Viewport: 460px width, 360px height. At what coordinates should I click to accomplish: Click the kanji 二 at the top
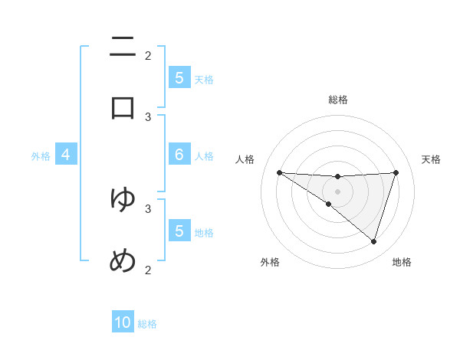(x=123, y=47)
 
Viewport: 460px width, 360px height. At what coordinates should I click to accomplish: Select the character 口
(x=123, y=107)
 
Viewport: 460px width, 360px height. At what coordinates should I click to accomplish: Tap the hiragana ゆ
(x=123, y=199)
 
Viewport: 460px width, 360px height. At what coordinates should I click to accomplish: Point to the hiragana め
(x=123, y=261)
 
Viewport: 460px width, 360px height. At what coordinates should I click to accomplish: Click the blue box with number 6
(x=179, y=155)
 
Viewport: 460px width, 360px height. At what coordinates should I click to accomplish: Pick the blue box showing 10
(x=123, y=322)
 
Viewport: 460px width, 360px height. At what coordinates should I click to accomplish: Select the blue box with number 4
(x=66, y=155)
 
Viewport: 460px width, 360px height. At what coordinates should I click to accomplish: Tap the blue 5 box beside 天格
(x=179, y=77)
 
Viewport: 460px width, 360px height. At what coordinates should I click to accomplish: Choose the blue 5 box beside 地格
(x=179, y=231)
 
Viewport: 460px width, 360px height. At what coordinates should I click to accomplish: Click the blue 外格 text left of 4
(x=41, y=155)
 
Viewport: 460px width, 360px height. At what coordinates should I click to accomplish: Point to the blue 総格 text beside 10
(x=147, y=324)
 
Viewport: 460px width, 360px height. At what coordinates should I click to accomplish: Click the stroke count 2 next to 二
(x=148, y=55)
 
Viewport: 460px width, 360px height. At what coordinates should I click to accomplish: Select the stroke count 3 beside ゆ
(x=148, y=208)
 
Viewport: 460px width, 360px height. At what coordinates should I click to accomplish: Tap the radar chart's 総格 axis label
(x=338, y=100)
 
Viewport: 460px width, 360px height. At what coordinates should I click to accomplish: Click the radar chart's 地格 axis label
(x=402, y=262)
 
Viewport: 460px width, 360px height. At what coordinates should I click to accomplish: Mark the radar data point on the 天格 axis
(x=396, y=172)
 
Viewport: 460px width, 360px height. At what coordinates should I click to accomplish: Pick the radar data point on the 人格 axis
(x=279, y=172)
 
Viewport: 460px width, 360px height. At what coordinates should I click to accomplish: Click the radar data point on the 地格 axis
(x=373, y=241)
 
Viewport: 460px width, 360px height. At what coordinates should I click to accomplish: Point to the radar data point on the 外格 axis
(x=328, y=205)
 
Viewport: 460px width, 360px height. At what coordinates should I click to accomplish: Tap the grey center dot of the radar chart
(x=338, y=191)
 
